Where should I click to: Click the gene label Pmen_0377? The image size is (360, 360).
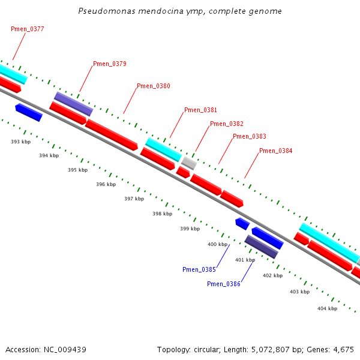coord(27,29)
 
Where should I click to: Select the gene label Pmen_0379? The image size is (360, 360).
coord(109,64)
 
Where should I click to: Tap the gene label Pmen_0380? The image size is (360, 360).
coord(153,86)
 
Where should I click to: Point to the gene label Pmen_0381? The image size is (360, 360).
coord(200,110)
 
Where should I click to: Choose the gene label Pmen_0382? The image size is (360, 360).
coord(226,124)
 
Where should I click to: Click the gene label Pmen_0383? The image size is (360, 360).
coord(249,136)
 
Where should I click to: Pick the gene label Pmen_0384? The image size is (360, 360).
coord(275,151)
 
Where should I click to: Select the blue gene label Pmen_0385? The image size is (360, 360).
coord(199,269)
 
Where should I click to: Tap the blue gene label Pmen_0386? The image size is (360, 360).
coord(223,284)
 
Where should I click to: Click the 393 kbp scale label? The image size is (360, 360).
coord(20,142)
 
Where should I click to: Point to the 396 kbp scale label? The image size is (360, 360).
coord(106,184)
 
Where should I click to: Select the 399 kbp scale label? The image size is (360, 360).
coord(190,229)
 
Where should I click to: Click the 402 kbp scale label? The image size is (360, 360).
coord(272,275)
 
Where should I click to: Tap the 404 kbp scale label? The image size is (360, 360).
coord(327,308)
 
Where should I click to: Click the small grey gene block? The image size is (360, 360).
coord(189,163)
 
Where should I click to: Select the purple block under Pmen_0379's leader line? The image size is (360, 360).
coord(73,104)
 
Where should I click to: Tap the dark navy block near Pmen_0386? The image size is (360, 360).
coord(261,247)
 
